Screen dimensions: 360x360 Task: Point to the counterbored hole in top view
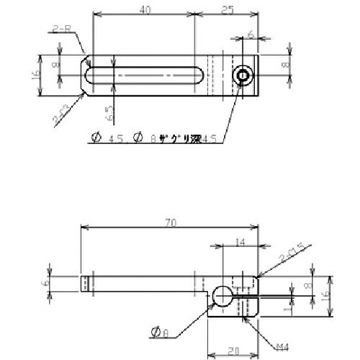tap(243, 76)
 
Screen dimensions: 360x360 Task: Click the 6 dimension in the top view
tap(250, 34)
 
